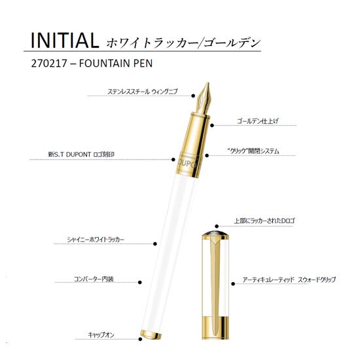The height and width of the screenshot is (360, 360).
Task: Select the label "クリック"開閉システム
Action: click(253, 151)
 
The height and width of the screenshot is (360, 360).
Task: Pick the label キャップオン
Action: click(102, 334)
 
